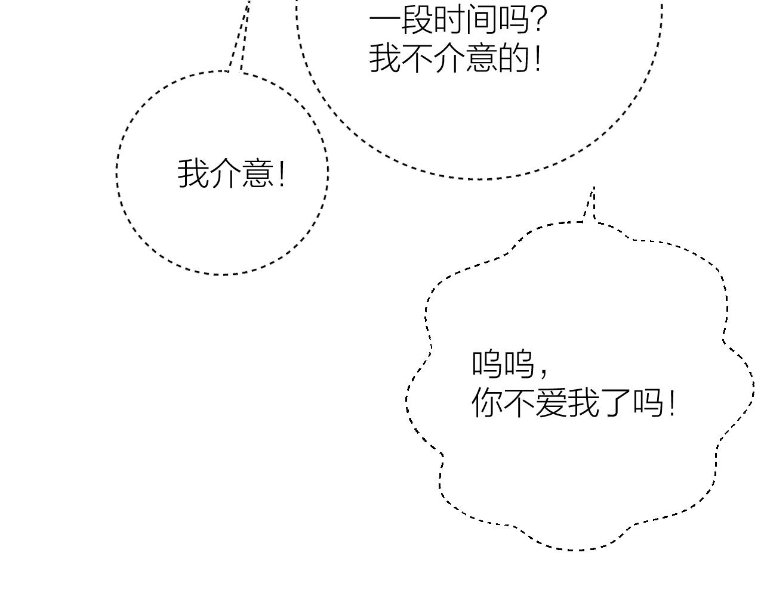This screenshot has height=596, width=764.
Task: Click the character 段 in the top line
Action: [x=417, y=20]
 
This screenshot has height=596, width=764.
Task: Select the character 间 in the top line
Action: [x=481, y=20]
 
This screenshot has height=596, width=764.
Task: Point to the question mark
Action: [x=538, y=20]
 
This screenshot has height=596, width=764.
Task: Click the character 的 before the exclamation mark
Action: [x=513, y=58]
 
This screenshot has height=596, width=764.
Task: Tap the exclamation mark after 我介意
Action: [x=282, y=173]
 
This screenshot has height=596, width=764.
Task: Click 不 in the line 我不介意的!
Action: [x=417, y=58]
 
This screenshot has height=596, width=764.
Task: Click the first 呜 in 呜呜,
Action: [x=486, y=364]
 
